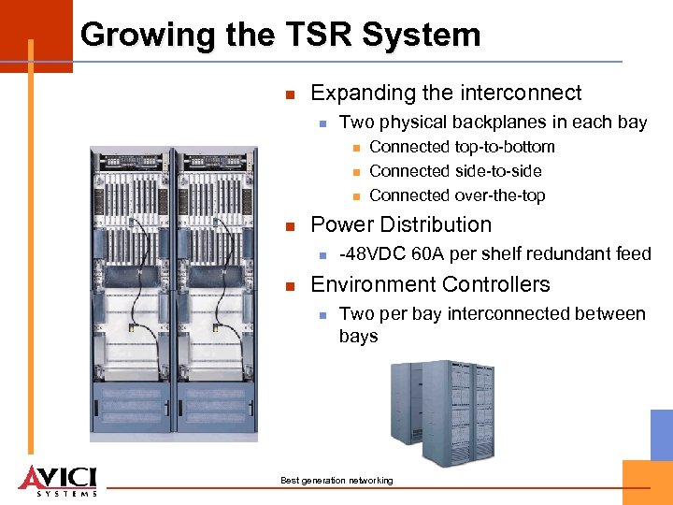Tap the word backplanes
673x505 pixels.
pyautogui.click(x=499, y=123)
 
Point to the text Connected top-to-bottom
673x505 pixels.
pyautogui.click(x=462, y=147)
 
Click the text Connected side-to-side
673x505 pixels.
pyautogui.click(x=455, y=171)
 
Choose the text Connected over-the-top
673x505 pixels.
pyautogui.click(x=457, y=195)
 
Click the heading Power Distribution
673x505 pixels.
pyautogui.click(x=400, y=224)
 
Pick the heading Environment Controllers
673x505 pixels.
pyautogui.click(x=430, y=284)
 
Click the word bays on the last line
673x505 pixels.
pyautogui.click(x=358, y=336)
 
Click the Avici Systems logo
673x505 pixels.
pyautogui.click(x=57, y=480)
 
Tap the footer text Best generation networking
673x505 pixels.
pyautogui.click(x=336, y=481)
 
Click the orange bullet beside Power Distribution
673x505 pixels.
pyautogui.click(x=291, y=225)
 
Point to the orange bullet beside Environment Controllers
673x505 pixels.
pyautogui.click(x=291, y=285)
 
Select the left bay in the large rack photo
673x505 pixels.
pyautogui.click(x=131, y=290)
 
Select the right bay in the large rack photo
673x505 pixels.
pyautogui.click(x=216, y=290)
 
